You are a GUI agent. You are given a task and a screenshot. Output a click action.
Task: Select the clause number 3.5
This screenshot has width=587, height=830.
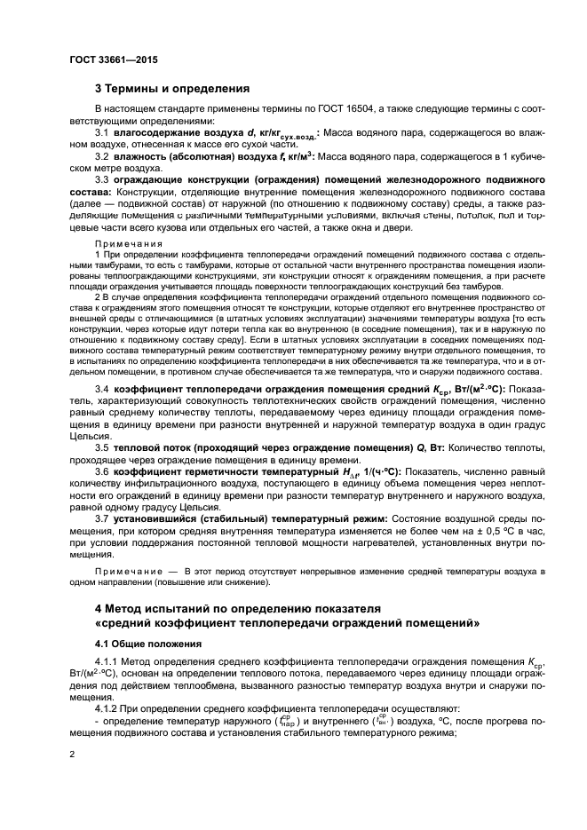pos(103,447)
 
